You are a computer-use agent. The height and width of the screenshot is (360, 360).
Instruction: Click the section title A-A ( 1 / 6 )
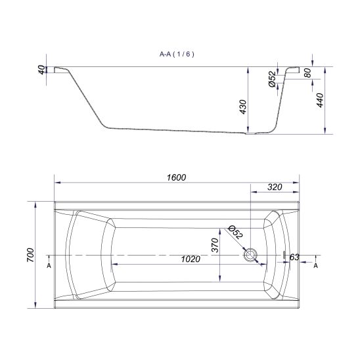pos(177,54)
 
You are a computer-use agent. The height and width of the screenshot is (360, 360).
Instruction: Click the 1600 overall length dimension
pos(176,177)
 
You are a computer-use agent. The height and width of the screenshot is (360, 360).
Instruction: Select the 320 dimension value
pos(275,187)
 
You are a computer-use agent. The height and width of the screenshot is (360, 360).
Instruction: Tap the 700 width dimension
pos(30,255)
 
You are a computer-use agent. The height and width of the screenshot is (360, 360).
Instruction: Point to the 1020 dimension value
pos(191,259)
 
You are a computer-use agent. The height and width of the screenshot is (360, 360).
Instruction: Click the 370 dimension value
pos(215,245)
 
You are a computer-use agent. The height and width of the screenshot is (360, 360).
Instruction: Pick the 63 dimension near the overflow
pos(294,258)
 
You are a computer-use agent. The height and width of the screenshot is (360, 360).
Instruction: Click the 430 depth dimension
pos(242,107)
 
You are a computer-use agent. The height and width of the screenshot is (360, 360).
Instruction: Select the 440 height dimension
pos(320,100)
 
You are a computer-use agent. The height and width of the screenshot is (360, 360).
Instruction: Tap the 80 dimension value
pos(307,73)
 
